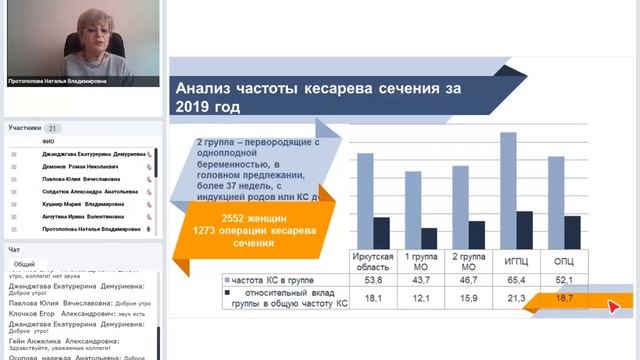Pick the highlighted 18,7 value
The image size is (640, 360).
(564, 299)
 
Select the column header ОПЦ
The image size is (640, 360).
(564, 262)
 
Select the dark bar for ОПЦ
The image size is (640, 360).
(572, 230)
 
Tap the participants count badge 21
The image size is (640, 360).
(53, 128)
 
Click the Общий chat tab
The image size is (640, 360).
(25, 264)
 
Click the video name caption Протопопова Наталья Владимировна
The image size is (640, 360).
(54, 81)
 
